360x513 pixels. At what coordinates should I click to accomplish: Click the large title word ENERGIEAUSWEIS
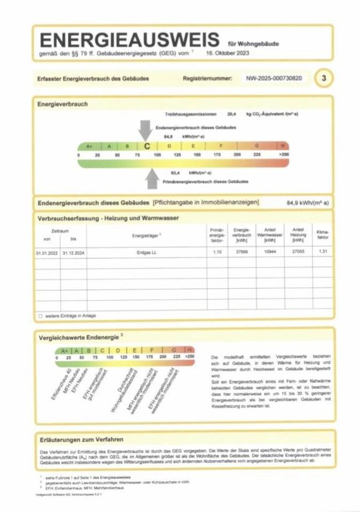[x=129, y=41]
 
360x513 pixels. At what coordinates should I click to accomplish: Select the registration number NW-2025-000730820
[x=274, y=79]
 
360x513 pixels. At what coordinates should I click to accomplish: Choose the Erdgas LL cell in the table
[x=145, y=252]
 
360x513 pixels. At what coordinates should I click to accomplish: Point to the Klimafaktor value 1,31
[x=323, y=252]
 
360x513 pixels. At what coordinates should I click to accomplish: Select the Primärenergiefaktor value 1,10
[x=215, y=252]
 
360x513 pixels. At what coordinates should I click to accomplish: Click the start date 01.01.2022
[x=46, y=252]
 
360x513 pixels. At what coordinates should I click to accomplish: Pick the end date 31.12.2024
[x=73, y=252]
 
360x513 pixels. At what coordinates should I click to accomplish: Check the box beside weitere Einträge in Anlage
[x=40, y=316]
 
